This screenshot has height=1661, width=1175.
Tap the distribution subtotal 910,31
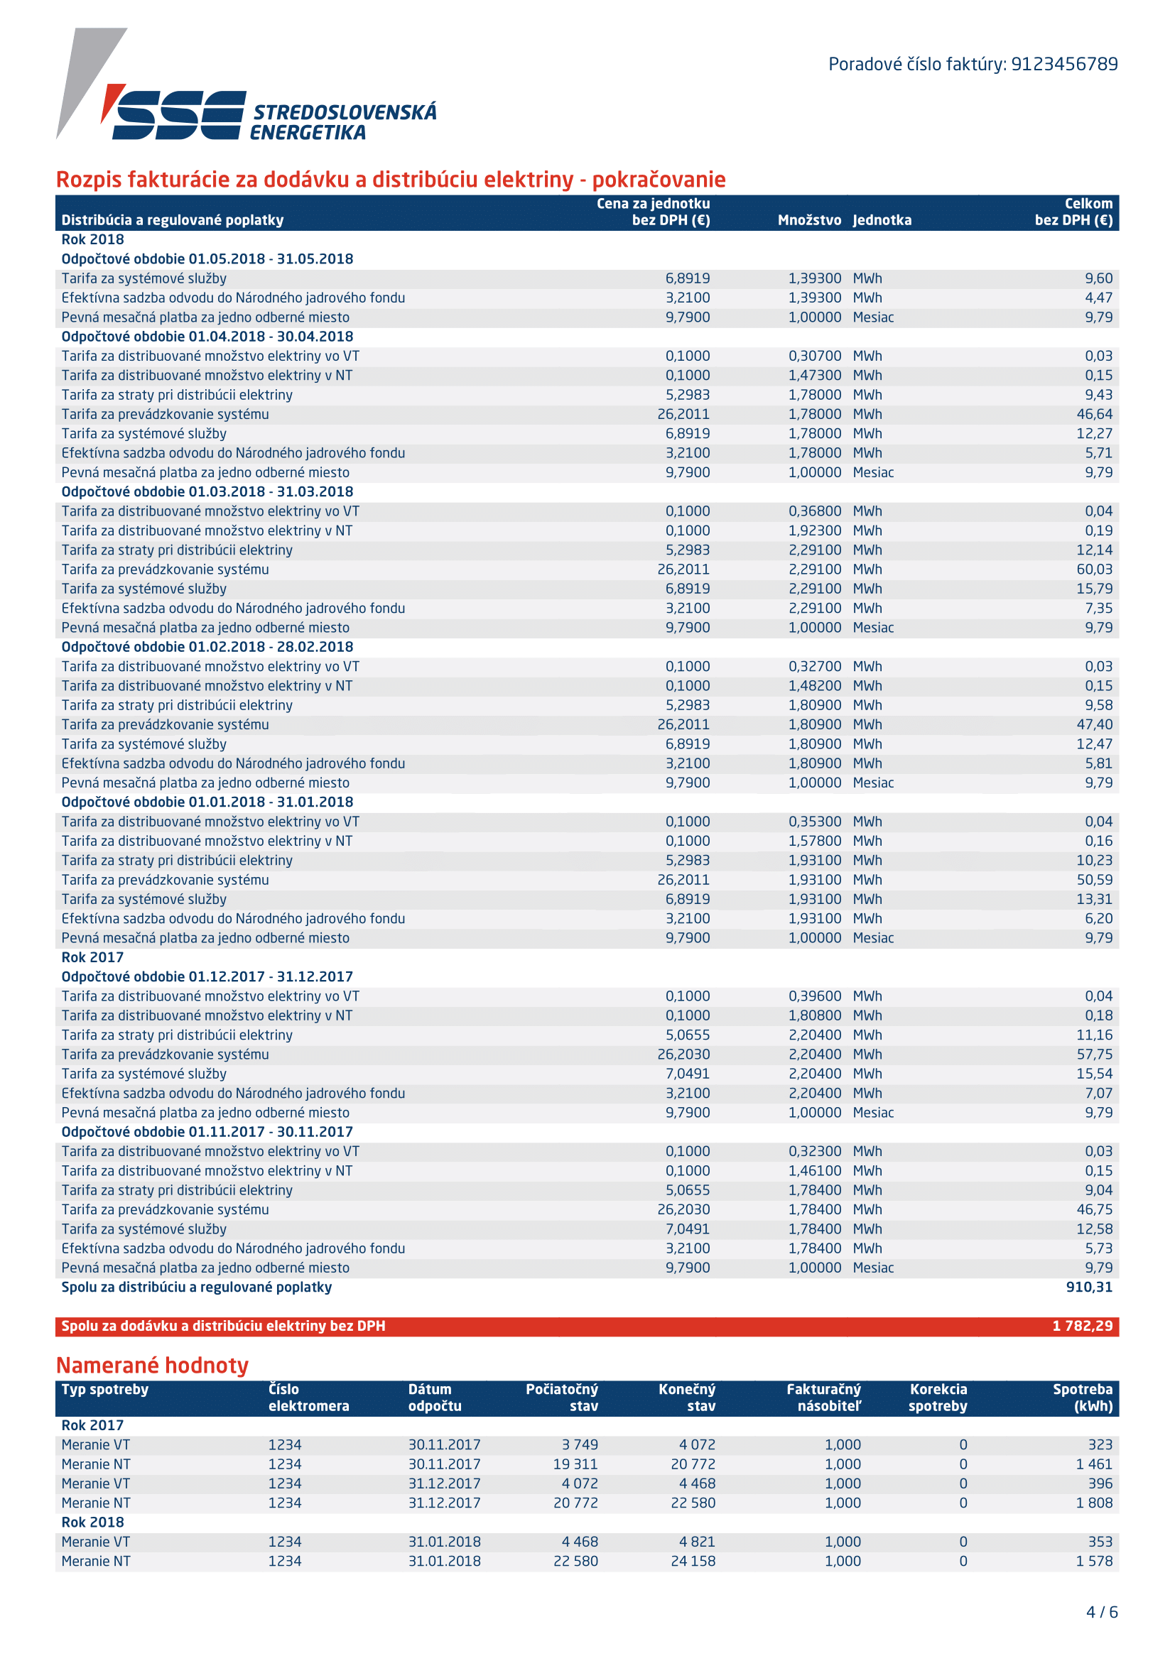point(1089,1287)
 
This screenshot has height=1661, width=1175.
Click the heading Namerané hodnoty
point(152,1365)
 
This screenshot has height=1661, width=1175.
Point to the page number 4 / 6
point(1101,1612)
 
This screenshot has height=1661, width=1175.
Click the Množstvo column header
point(809,220)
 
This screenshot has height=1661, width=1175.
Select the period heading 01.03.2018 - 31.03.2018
point(207,492)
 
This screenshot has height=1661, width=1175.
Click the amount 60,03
point(1094,570)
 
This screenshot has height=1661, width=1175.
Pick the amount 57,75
point(1094,1055)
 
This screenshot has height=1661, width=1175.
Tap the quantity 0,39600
point(815,996)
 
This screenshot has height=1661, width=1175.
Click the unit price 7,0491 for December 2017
point(688,1074)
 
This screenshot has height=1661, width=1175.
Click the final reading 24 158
point(693,1561)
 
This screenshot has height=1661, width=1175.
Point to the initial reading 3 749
point(580,1444)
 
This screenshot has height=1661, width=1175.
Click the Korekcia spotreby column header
point(938,1398)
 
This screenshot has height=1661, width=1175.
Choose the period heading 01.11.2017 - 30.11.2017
point(207,1132)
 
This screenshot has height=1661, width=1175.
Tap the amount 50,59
point(1094,880)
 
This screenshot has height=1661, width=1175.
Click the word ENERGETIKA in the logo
point(308,133)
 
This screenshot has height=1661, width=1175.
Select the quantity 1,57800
point(815,841)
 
